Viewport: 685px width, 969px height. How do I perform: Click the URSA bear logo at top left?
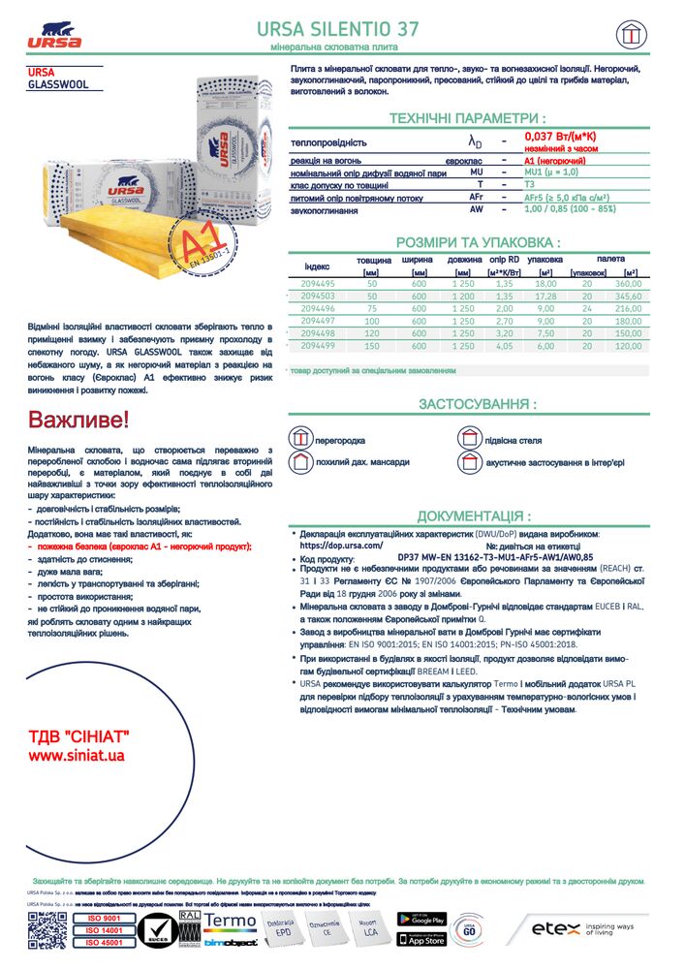pyautogui.click(x=54, y=32)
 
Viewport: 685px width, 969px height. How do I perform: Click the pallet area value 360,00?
pyautogui.click(x=628, y=283)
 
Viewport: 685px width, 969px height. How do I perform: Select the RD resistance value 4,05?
pyautogui.click(x=504, y=346)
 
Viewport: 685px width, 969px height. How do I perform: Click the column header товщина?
pyautogui.click(x=373, y=261)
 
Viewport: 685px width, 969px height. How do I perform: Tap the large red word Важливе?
pyautogui.click(x=77, y=421)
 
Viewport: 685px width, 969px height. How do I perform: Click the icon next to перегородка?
pyautogui.click(x=300, y=439)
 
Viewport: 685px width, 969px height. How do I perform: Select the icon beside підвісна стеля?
pyautogui.click(x=469, y=439)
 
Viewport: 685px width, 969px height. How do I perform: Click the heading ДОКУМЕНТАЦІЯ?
pyautogui.click(x=474, y=516)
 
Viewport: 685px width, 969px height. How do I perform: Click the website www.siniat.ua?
pyautogui.click(x=77, y=755)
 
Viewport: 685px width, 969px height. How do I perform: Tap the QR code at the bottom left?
pyautogui.click(x=46, y=929)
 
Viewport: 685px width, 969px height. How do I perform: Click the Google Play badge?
pyautogui.click(x=420, y=919)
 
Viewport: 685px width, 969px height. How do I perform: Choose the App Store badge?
pyautogui.click(x=420, y=939)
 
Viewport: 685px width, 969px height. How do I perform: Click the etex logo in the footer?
pyautogui.click(x=555, y=929)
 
